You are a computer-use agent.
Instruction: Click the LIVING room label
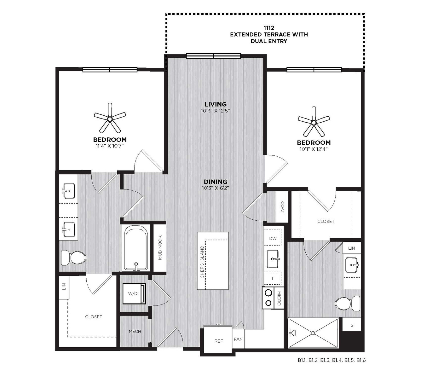click(x=215, y=104)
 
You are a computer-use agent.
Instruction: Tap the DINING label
click(x=216, y=182)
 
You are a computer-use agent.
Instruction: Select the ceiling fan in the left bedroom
click(x=110, y=119)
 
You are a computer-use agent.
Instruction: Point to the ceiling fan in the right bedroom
click(x=314, y=122)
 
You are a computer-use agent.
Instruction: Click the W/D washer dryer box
click(x=134, y=293)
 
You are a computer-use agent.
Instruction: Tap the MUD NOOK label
click(x=160, y=247)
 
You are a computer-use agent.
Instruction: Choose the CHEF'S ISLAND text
click(x=202, y=262)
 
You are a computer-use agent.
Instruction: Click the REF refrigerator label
click(x=219, y=341)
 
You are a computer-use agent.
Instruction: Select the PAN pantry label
click(x=238, y=339)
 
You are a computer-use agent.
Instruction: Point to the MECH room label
click(x=135, y=331)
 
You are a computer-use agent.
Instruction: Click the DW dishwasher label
click(x=273, y=238)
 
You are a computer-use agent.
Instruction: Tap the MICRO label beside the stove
click(x=279, y=298)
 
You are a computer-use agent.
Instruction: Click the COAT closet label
click(x=282, y=207)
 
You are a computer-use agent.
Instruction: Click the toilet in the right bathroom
click(x=348, y=304)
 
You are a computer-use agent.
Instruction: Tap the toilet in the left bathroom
click(x=73, y=257)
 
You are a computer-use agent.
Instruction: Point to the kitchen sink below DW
click(x=273, y=259)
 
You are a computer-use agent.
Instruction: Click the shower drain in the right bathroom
click(x=313, y=333)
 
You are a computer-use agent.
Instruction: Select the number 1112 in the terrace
click(x=269, y=28)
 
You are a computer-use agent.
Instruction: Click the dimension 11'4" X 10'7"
click(x=110, y=146)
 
